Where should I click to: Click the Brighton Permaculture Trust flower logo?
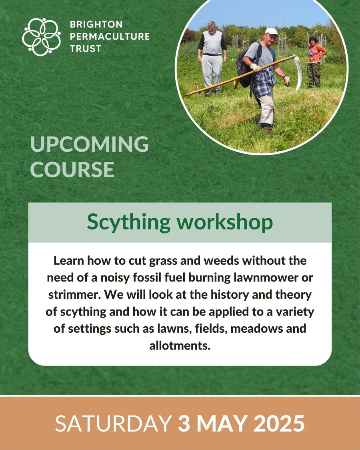coord(42,37)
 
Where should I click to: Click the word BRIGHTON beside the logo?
coord(96,24)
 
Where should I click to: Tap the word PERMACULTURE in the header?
coord(110,36)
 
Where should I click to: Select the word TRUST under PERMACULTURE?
coord(86,49)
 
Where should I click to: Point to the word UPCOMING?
coord(90,144)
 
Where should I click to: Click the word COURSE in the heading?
coord(72,169)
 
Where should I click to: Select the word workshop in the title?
coord(225,222)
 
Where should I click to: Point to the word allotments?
coord(180,345)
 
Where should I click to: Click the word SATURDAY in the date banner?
coord(113,423)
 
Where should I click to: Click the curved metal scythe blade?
coord(298,73)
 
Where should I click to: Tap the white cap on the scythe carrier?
coord(271,31)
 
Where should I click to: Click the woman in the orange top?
coord(316,62)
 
